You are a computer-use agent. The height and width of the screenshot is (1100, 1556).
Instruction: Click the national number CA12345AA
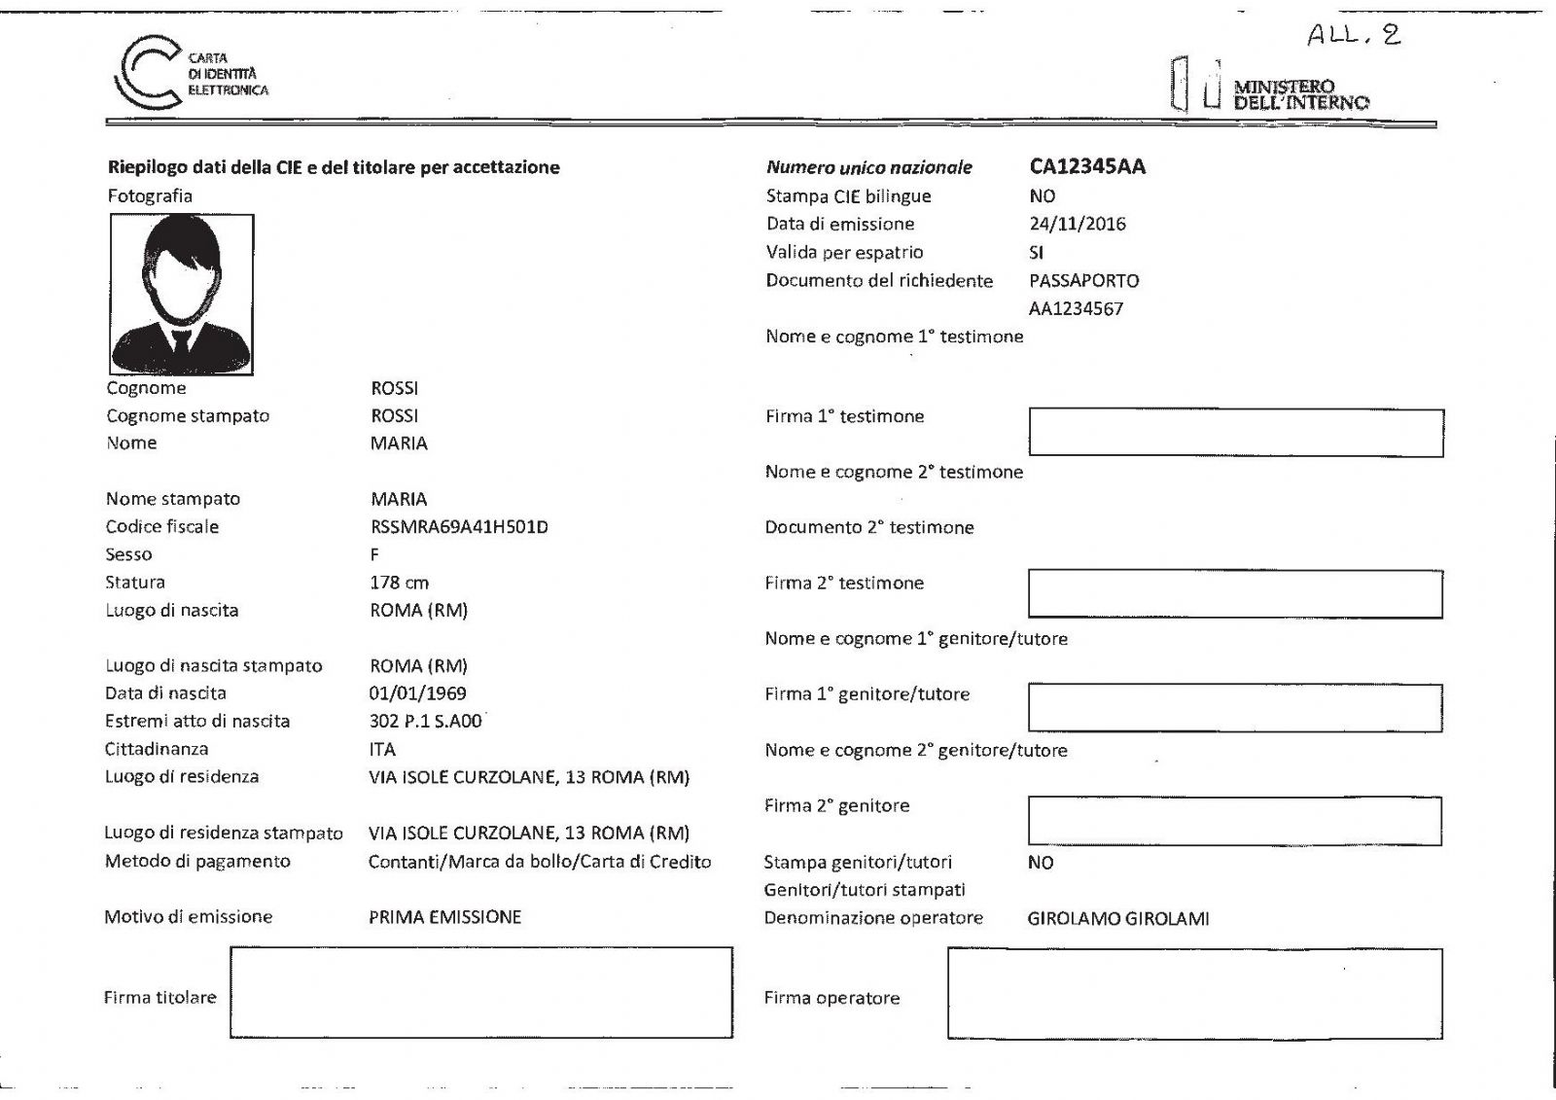click(x=1087, y=167)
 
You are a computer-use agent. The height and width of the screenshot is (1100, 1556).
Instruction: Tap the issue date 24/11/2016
click(x=1077, y=224)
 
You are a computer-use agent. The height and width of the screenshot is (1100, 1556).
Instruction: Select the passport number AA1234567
click(x=1076, y=309)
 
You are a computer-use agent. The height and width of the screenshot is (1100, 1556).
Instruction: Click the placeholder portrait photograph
click(x=182, y=294)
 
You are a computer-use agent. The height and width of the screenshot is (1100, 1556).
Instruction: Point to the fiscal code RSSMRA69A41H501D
click(x=459, y=527)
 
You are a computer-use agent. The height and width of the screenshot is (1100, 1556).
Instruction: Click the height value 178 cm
click(x=399, y=583)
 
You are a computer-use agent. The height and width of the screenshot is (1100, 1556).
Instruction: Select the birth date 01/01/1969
click(x=417, y=693)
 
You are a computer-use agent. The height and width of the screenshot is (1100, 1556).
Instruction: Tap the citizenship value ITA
click(x=382, y=750)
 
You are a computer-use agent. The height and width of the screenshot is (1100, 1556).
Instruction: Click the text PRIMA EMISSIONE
click(x=444, y=917)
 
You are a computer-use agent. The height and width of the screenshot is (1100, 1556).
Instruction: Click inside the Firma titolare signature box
click(x=480, y=992)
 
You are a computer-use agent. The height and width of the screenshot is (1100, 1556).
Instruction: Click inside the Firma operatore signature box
click(x=1194, y=994)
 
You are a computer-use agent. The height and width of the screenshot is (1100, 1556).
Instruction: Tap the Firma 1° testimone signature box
click(x=1235, y=433)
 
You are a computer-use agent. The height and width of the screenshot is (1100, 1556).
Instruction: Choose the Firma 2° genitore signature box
click(x=1234, y=821)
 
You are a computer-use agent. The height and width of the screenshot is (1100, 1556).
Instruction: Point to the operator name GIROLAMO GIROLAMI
click(x=1118, y=918)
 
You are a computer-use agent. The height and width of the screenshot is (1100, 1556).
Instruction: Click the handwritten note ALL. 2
click(x=1353, y=36)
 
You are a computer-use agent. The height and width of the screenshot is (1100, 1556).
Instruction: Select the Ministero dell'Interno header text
click(x=1300, y=94)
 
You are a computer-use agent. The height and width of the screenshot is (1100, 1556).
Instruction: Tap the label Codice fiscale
click(x=162, y=527)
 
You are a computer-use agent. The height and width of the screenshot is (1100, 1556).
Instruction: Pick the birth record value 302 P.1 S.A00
click(x=425, y=722)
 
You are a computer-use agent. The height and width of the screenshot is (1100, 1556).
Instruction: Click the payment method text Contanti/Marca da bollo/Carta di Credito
click(x=539, y=862)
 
